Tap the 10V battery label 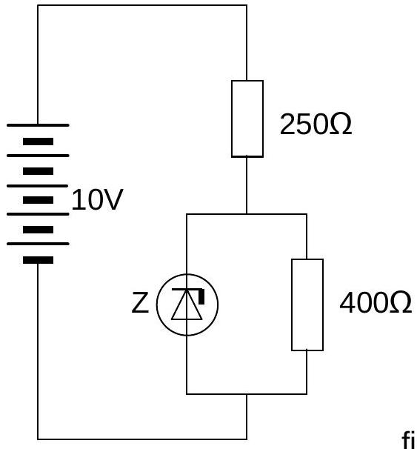click(97, 199)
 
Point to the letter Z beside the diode click(140, 302)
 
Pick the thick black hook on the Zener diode click(201, 296)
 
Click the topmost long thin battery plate click(38, 125)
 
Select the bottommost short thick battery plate click(38, 260)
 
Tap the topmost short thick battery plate click(38, 142)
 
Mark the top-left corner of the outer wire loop click(38, 5)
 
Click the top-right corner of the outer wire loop click(247, 5)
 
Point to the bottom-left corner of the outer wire click(38, 439)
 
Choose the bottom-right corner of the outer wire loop click(247, 439)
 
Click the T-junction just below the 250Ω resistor click(247, 214)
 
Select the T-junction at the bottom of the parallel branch click(247, 394)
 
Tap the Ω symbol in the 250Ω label click(341, 124)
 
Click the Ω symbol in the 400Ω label click(401, 302)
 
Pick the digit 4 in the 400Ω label click(347, 302)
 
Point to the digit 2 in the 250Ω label click(287, 124)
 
